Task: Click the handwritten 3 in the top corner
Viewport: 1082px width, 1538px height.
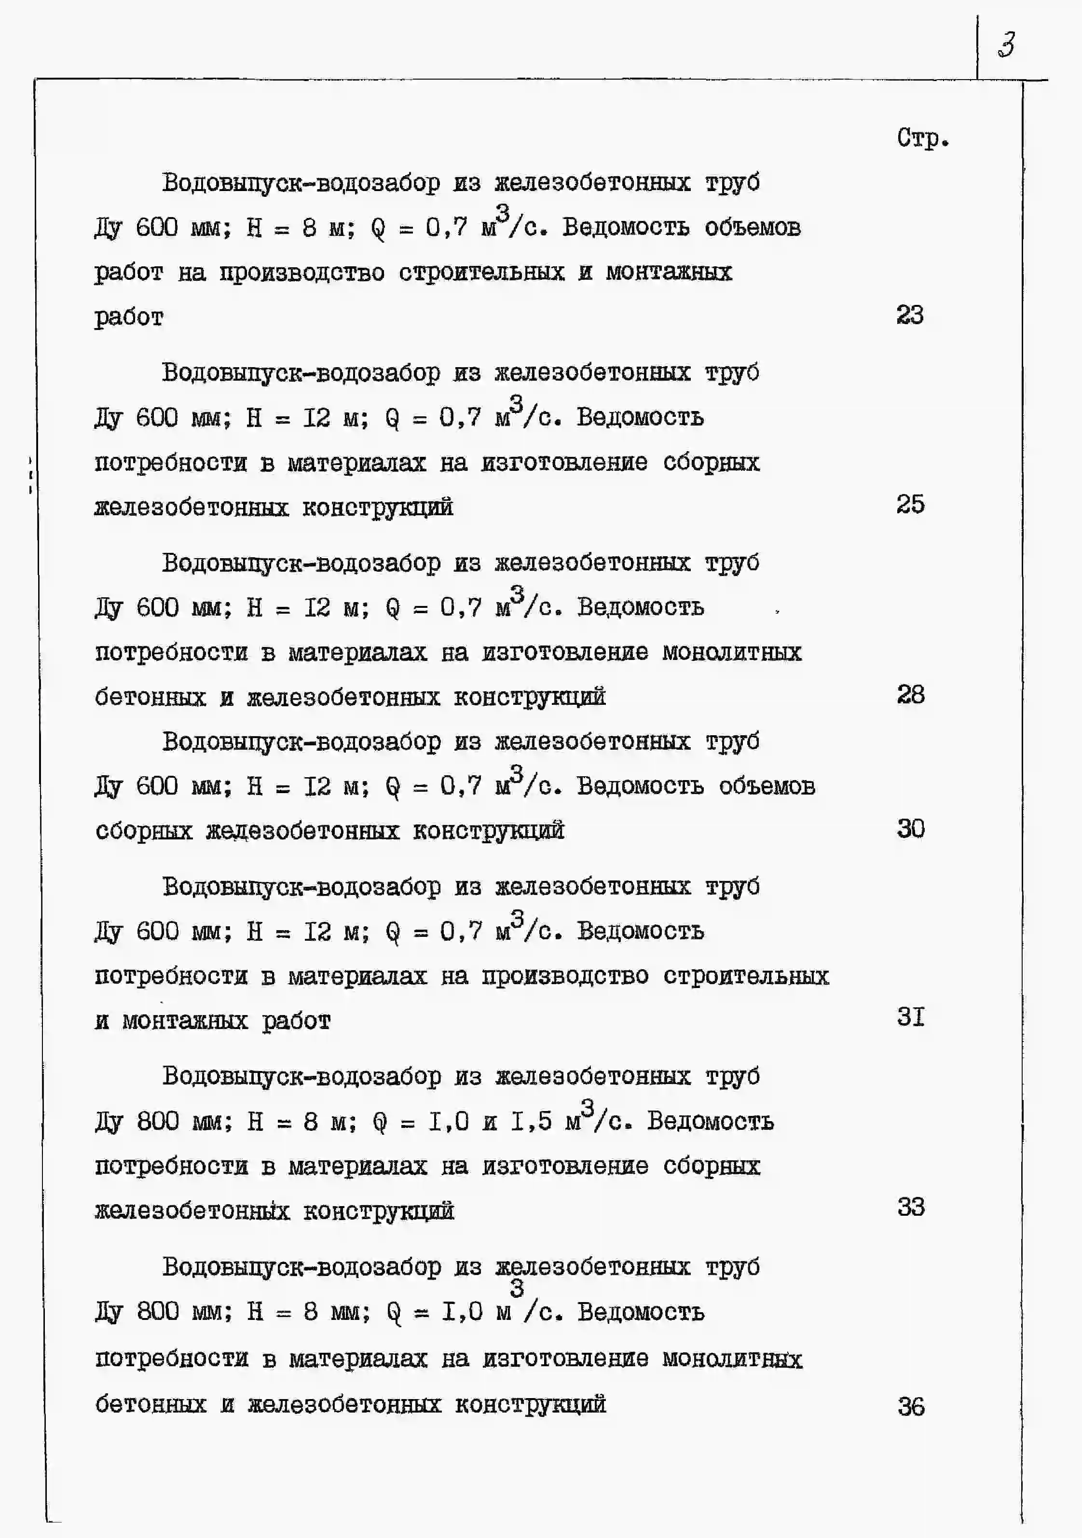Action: [1006, 45]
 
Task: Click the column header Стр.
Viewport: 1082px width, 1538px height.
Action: [922, 138]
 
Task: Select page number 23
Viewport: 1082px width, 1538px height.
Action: [910, 315]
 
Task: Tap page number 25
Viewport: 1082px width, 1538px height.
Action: [910, 505]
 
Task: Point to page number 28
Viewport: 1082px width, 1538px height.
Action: [910, 695]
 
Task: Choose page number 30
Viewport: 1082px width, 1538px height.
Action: [910, 829]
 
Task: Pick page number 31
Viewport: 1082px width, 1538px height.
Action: [910, 1017]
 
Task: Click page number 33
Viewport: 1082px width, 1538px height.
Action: [910, 1207]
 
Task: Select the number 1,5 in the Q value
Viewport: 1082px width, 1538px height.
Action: [531, 1121]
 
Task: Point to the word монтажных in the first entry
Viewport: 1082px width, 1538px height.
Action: [669, 273]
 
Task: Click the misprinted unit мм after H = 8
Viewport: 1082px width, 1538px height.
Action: [350, 1312]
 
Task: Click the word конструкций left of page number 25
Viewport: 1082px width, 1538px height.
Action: [377, 508]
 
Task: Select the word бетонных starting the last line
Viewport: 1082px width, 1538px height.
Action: [150, 1404]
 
